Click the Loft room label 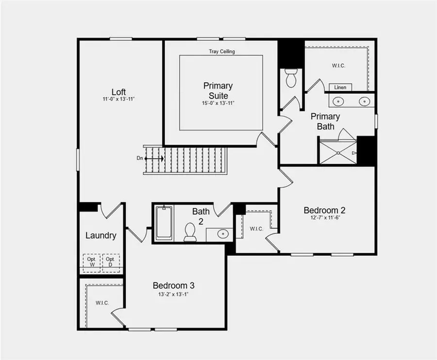(119, 92)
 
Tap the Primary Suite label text (218, 91)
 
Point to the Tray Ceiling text (222, 51)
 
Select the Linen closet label (340, 87)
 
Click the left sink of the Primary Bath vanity (339, 101)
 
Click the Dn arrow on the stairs (154, 158)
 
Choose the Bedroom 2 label (324, 210)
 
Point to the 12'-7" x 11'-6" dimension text (324, 218)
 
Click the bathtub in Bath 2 (164, 223)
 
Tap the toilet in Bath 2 (190, 232)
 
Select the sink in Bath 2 (222, 234)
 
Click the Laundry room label (101, 236)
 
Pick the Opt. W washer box (91, 262)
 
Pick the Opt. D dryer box (110, 262)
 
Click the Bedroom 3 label (174, 285)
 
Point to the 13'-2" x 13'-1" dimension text (174, 294)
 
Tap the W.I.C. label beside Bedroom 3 (102, 303)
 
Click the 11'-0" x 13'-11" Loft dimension (119, 99)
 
